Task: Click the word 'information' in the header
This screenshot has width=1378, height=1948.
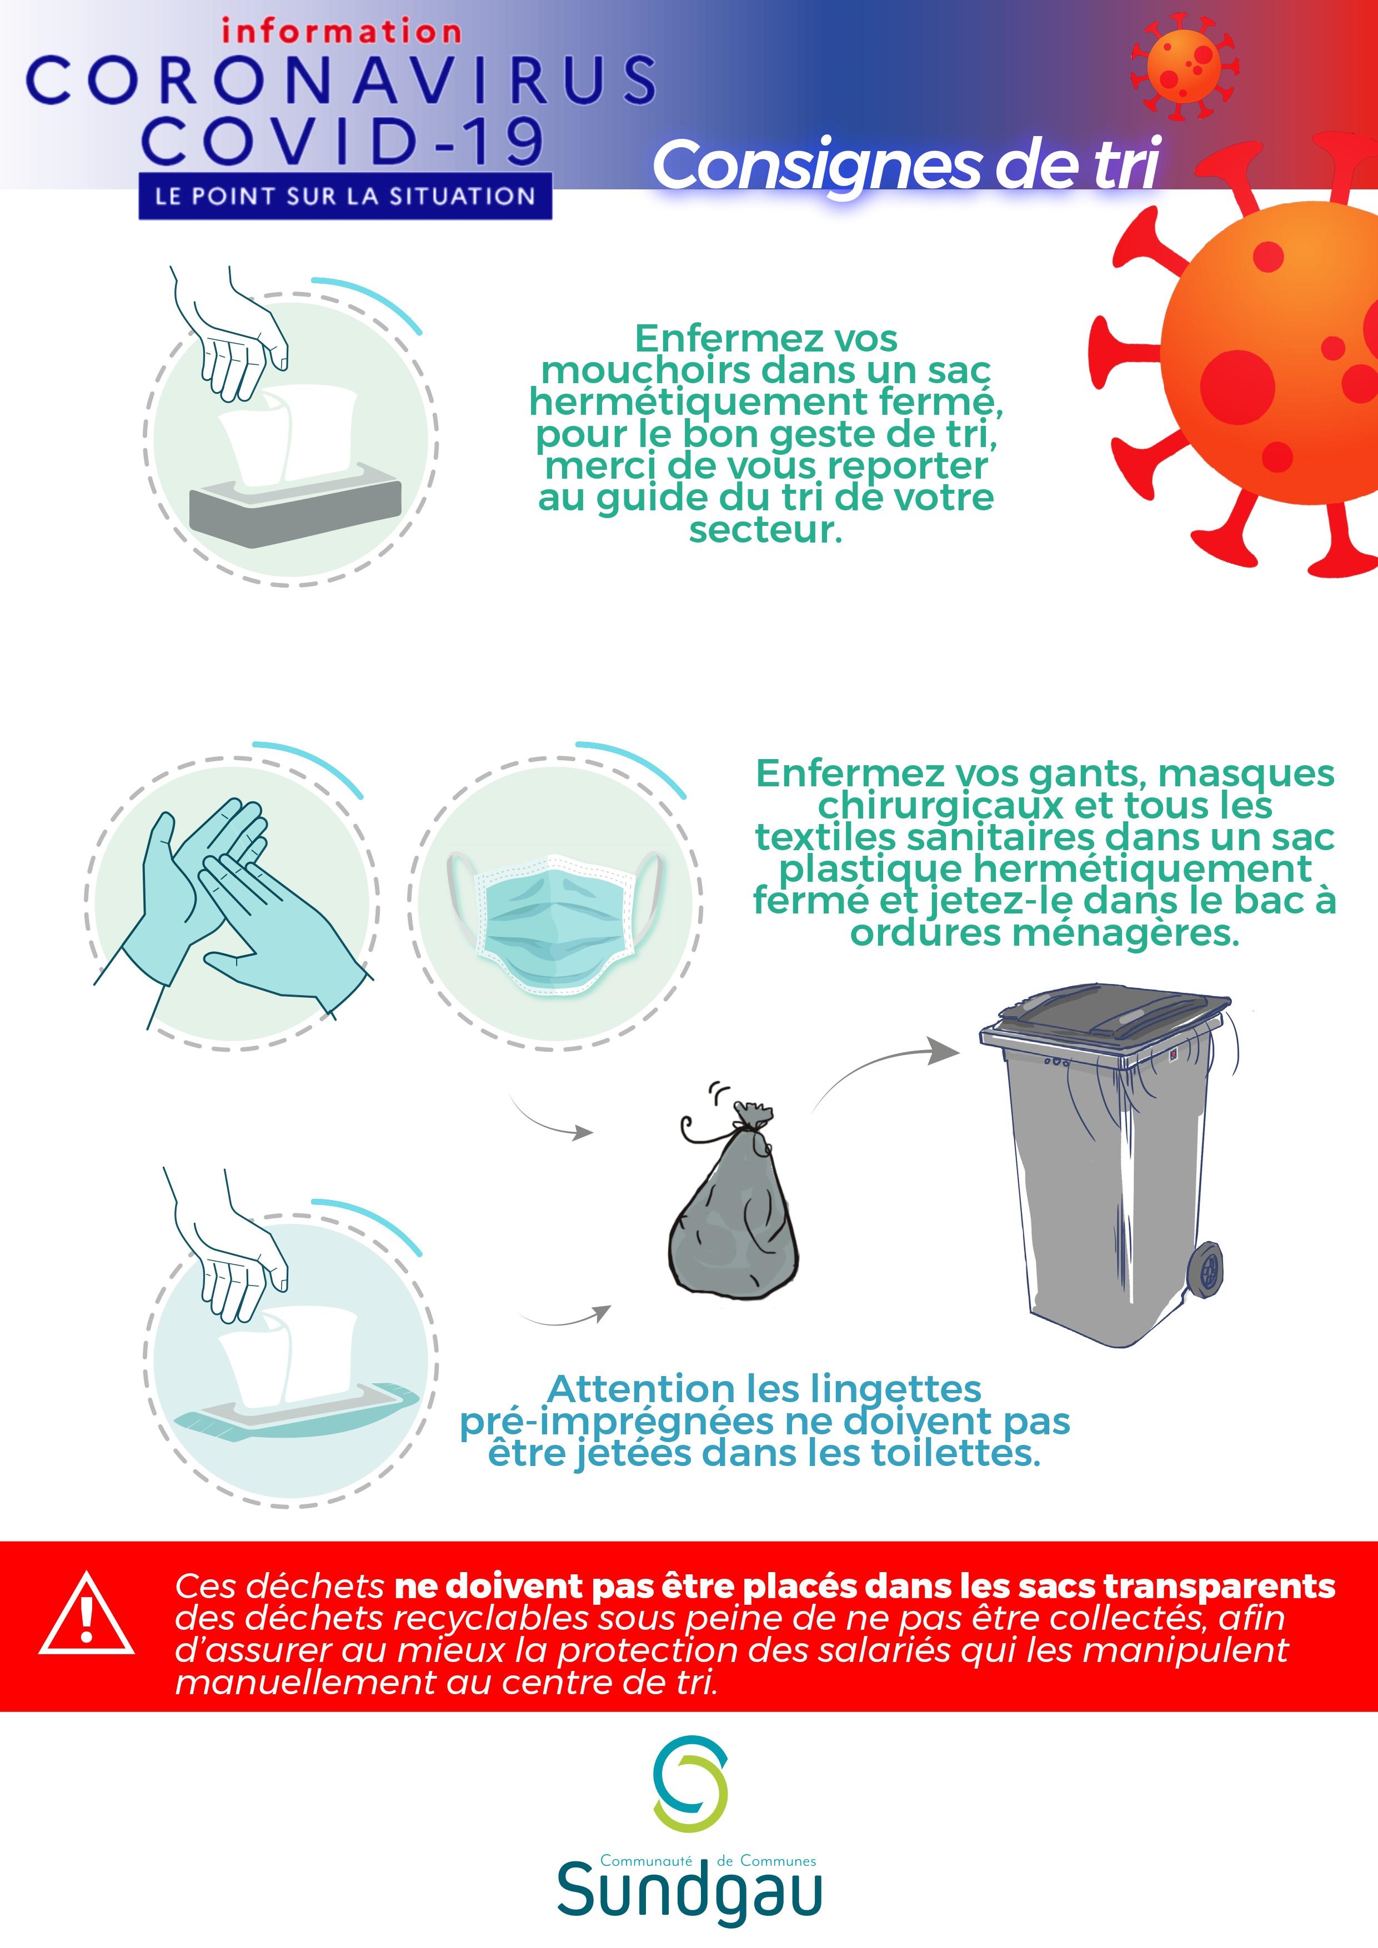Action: (x=341, y=32)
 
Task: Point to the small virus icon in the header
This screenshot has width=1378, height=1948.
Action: (x=1184, y=66)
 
